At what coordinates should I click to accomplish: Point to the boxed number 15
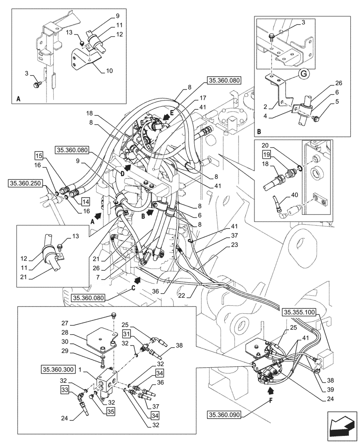39,156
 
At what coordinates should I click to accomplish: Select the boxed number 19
266,155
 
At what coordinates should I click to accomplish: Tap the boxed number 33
66,389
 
